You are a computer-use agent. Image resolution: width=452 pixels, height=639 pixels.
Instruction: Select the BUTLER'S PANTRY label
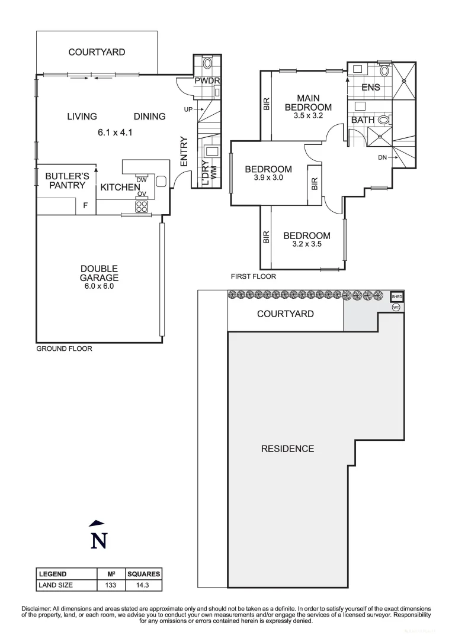[68, 180]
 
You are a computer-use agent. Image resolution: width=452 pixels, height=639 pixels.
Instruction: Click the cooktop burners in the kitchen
[142, 206]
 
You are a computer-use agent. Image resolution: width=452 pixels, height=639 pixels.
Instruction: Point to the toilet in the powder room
[207, 64]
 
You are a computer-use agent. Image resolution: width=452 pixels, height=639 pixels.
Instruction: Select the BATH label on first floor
[363, 120]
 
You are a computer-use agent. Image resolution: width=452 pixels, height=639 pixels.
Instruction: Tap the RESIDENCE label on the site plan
[287, 448]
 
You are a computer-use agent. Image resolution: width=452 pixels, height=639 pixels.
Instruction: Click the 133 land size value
[111, 585]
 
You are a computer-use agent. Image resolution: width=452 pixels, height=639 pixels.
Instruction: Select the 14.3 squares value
[143, 585]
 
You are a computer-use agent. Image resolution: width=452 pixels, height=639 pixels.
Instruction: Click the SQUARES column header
[143, 574]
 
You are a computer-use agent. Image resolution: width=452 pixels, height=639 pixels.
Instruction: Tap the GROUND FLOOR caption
[64, 348]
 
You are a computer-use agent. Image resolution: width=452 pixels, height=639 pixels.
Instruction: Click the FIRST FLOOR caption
[253, 276]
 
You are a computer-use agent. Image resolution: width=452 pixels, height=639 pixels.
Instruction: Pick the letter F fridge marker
[85, 206]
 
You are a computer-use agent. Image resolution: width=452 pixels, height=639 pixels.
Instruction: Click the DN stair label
[382, 158]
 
